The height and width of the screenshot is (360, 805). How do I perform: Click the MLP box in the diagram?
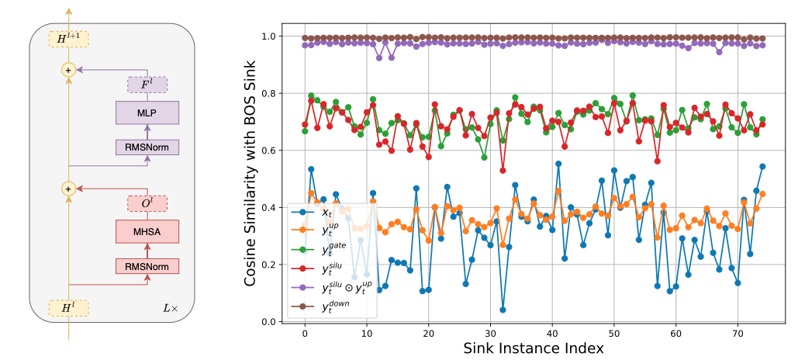[147, 112]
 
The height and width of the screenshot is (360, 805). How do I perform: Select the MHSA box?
[147, 231]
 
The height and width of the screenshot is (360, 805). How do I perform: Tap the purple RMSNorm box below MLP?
[147, 147]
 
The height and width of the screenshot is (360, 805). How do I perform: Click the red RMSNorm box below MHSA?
[147, 266]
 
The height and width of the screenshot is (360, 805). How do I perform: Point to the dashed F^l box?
[147, 85]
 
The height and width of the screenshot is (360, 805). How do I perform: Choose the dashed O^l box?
[147, 204]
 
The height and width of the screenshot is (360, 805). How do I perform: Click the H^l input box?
[68, 309]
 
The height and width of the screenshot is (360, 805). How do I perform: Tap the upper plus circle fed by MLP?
[68, 70]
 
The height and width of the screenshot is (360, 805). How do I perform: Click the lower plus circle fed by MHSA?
[68, 188]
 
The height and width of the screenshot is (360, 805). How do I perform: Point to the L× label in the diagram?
[169, 309]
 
